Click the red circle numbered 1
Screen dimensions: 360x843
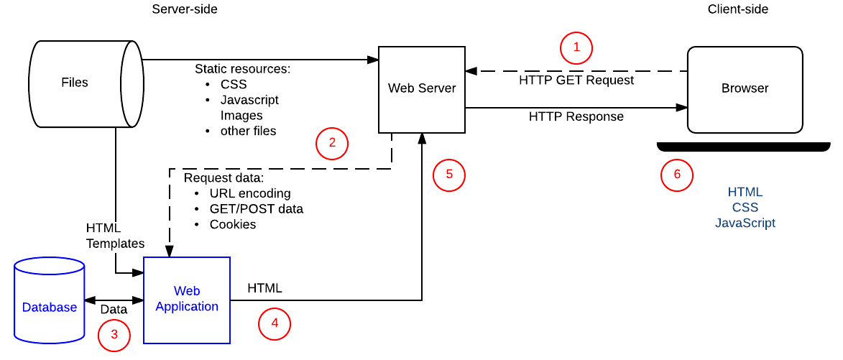point(576,49)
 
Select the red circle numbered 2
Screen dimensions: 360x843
point(332,143)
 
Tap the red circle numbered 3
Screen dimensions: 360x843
point(114,335)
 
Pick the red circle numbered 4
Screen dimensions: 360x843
point(275,324)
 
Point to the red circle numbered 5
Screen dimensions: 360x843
point(449,175)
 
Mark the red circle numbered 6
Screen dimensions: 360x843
point(677,175)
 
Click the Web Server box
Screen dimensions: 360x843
point(421,88)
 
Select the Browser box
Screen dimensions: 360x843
point(745,89)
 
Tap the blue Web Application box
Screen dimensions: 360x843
point(187,299)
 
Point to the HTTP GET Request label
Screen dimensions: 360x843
point(576,80)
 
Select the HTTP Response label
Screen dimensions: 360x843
point(576,116)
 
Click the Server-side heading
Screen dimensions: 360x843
point(185,9)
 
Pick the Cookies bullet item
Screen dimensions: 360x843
point(233,224)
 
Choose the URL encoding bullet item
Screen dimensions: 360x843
point(250,193)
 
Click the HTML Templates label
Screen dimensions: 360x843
point(115,236)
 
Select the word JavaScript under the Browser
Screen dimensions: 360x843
point(745,223)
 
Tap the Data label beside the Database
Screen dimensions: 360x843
point(114,310)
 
